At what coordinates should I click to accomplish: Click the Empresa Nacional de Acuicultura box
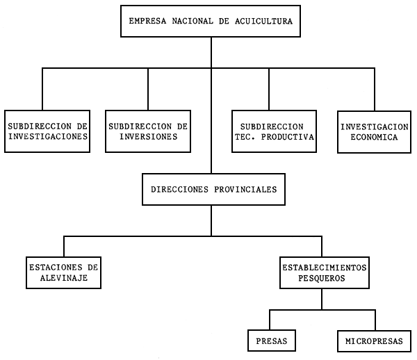click(x=211, y=22)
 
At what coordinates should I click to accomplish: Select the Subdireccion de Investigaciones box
click(x=48, y=132)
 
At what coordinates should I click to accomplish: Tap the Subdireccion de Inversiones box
click(x=148, y=132)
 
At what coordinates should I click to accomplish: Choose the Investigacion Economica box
click(x=374, y=132)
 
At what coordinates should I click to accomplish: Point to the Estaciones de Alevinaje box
click(x=64, y=272)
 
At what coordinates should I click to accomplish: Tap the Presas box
click(x=272, y=341)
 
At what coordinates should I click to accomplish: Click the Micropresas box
click(x=374, y=341)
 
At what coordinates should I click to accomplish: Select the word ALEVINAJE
click(x=64, y=278)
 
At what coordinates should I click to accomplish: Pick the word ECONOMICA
click(x=374, y=138)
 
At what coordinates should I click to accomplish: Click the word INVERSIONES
click(x=148, y=138)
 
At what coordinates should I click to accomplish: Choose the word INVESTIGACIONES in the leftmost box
click(x=48, y=138)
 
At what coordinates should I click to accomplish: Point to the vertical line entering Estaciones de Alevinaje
click(x=64, y=247)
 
